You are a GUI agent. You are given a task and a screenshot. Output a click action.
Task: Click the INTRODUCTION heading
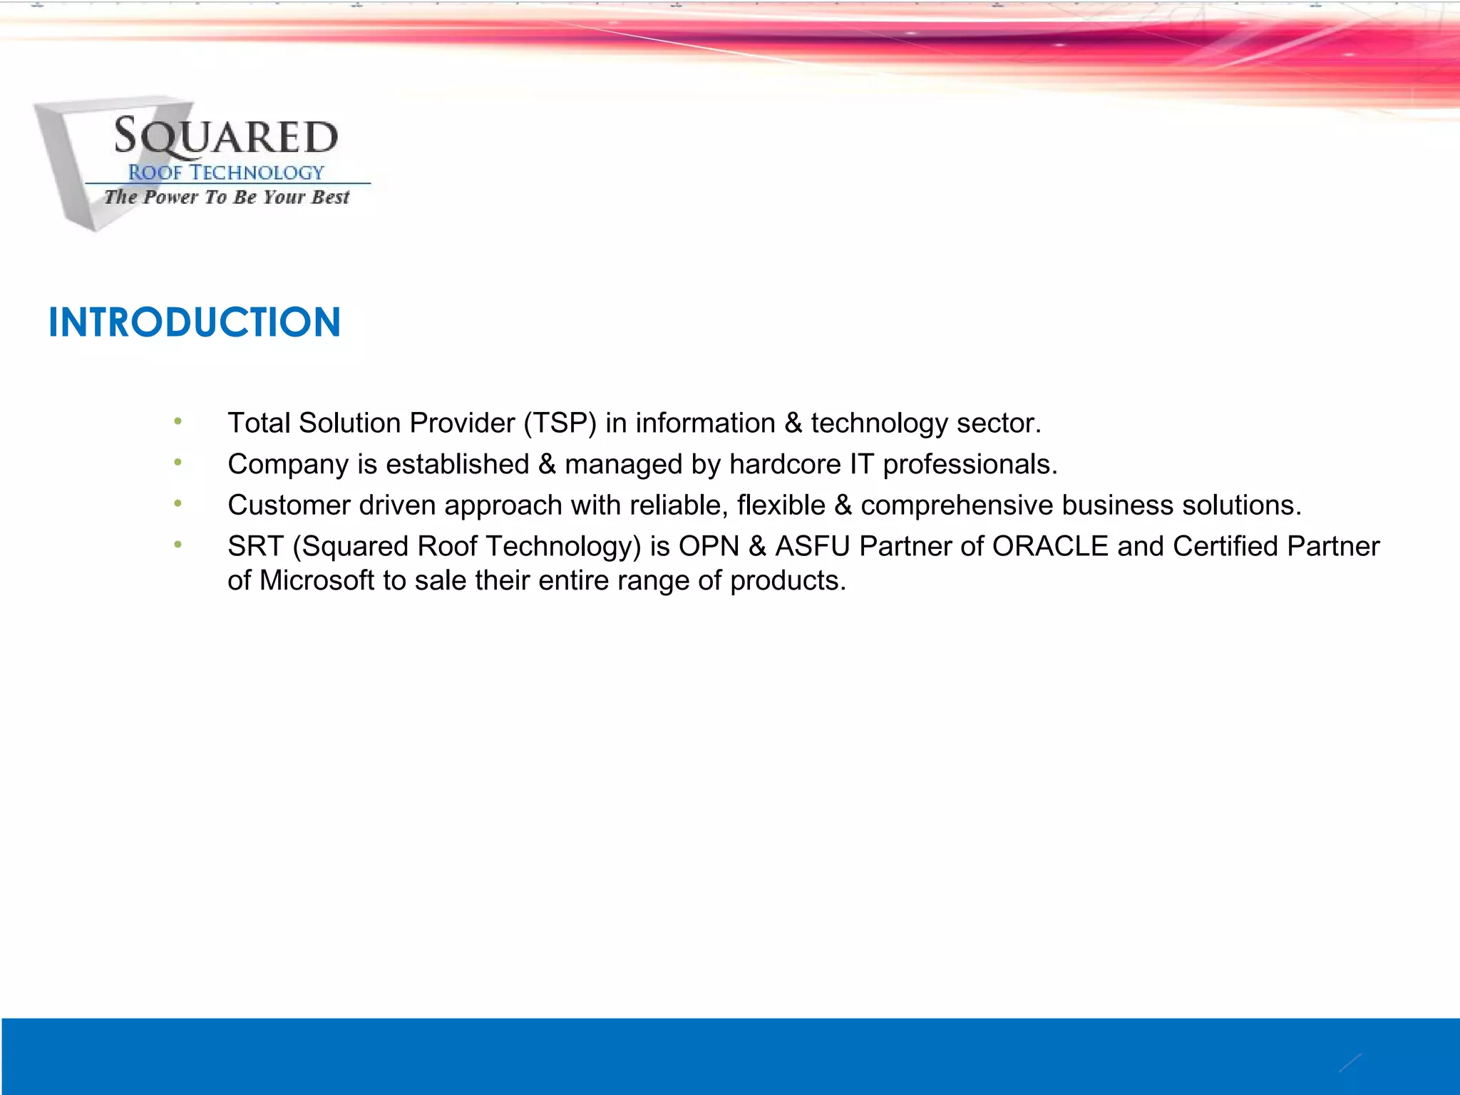tap(195, 322)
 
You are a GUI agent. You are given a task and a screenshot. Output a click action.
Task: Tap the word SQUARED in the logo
tap(226, 136)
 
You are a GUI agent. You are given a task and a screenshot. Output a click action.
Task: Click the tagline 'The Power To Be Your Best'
tap(227, 197)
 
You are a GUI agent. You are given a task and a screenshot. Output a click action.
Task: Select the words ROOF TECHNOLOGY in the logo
tap(226, 173)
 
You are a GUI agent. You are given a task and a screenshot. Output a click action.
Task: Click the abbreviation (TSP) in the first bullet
tap(560, 423)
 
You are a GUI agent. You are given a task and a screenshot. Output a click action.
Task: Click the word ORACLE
tap(1050, 547)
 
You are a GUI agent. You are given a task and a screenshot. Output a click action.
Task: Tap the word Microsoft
tap(317, 581)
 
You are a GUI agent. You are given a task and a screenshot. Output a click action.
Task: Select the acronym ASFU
tap(813, 547)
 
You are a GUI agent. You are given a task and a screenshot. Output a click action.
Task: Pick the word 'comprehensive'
tap(957, 505)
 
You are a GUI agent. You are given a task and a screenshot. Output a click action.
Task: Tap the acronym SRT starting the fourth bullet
tap(255, 547)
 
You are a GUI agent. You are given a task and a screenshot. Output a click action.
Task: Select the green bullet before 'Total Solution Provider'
tap(178, 422)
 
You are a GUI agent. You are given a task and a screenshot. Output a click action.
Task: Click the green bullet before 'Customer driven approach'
tap(178, 504)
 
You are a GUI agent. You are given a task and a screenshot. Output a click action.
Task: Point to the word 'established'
tap(458, 465)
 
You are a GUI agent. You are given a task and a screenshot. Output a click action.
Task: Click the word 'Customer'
tap(289, 505)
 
